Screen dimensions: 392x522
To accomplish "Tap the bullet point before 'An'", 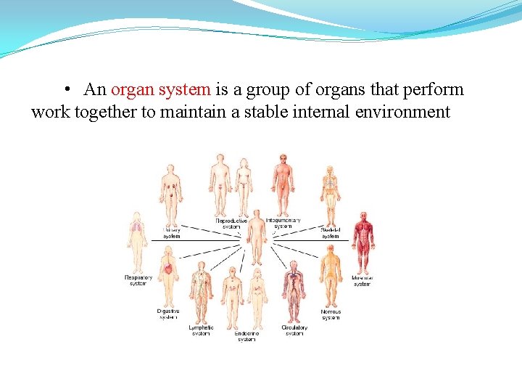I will click(66, 90).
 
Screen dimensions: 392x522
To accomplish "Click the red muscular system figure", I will click(363, 242).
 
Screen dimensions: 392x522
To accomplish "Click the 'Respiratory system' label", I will click(138, 280).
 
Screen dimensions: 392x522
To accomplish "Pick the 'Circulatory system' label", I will click(294, 330).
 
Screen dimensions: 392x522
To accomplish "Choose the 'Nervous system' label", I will click(331, 314).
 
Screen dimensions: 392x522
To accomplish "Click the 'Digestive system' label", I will click(167, 314).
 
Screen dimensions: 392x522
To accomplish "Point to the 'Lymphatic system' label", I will click(201, 330).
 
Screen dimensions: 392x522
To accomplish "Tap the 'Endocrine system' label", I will click(246, 336).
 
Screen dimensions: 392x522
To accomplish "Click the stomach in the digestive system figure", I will click(168, 269).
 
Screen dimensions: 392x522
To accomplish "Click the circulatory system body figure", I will click(294, 290).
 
